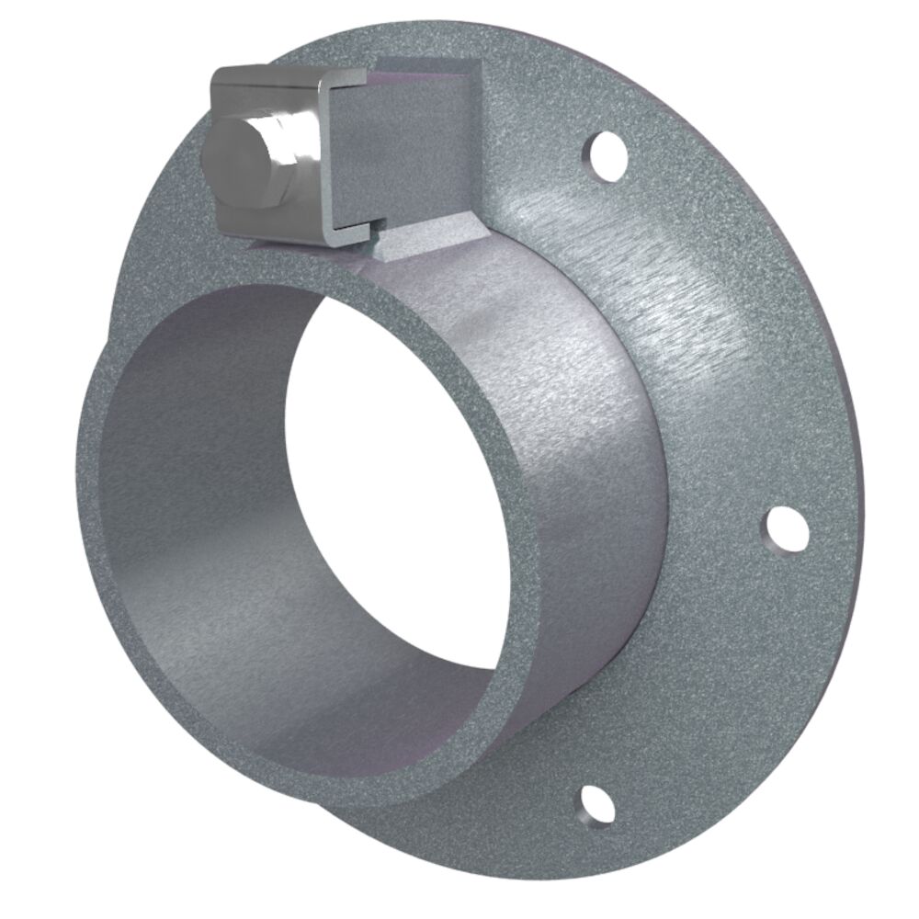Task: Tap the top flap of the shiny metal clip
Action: coord(276,80)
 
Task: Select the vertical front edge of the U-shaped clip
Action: coord(324,156)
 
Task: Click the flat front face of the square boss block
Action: coord(404,147)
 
